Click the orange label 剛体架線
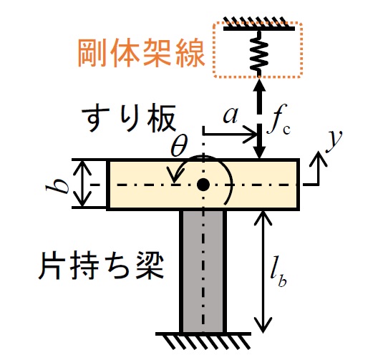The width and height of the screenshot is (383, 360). [141, 52]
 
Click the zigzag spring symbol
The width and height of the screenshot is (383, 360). [259, 52]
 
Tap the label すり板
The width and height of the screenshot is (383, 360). [129, 119]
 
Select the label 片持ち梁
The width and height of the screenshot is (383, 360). [101, 266]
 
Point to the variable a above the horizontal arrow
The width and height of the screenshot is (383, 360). [231, 115]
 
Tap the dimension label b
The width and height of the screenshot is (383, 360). [59, 184]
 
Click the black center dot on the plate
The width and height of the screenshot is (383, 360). [203, 185]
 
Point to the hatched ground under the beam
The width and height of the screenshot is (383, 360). [203, 341]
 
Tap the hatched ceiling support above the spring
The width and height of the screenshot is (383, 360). [259, 24]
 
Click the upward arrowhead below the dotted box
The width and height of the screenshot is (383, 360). [259, 84]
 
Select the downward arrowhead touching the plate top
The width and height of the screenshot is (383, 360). [259, 152]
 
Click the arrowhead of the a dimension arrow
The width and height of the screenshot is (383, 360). [251, 135]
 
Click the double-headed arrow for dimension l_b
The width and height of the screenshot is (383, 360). [263, 271]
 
